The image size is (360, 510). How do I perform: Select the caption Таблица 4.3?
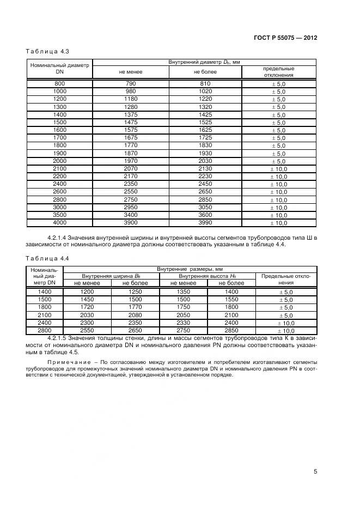(47, 52)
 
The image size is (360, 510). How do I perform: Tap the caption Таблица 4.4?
(47, 258)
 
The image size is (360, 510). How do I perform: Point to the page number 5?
(315, 472)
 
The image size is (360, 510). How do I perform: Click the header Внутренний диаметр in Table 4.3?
(204, 63)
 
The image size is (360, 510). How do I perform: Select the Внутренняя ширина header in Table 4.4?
(111, 276)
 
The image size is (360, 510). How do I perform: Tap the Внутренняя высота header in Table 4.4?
(208, 276)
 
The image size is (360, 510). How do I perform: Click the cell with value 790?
(130, 83)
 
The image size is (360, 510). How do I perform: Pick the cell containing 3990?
(204, 223)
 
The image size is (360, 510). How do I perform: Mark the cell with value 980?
(130, 92)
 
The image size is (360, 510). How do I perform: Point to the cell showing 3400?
(130, 215)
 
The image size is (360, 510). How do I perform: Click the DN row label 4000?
(60, 223)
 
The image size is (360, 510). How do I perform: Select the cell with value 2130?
(204, 169)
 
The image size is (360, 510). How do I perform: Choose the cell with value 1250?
(135, 292)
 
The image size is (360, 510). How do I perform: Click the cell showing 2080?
(135, 315)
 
